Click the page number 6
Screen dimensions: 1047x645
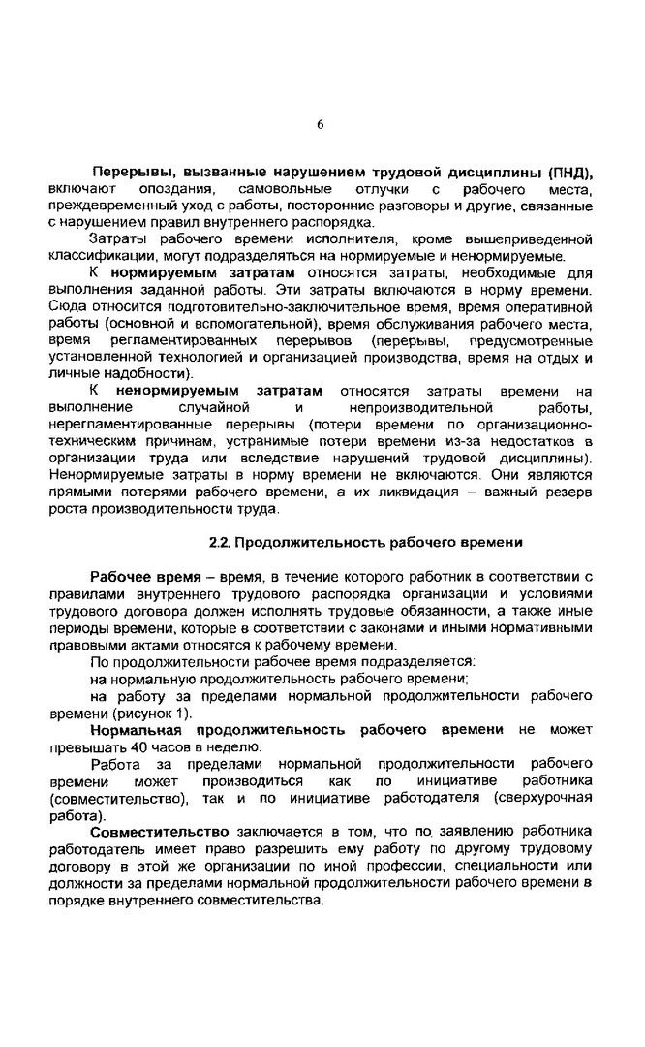click(x=320, y=124)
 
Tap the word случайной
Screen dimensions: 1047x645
click(x=210, y=407)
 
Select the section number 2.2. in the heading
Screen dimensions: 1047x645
click(x=220, y=542)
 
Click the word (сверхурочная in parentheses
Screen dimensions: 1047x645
click(x=541, y=798)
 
